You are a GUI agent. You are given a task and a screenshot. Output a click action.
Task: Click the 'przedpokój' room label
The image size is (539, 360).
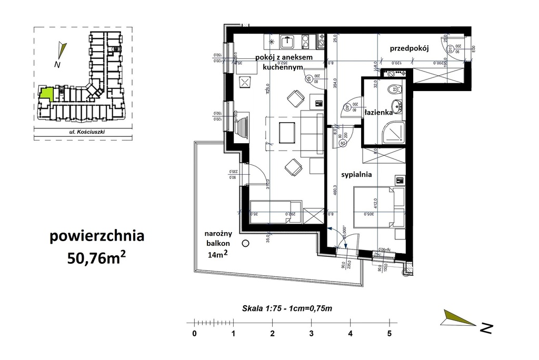click(x=410, y=48)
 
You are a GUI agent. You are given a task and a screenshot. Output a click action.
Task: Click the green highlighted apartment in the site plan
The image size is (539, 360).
click(x=46, y=94)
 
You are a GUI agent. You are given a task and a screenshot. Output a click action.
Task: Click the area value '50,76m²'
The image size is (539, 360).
click(x=96, y=257)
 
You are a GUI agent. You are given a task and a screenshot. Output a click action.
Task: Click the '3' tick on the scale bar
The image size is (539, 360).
click(x=311, y=333)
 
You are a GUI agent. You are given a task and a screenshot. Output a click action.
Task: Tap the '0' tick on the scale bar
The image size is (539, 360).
click(x=194, y=333)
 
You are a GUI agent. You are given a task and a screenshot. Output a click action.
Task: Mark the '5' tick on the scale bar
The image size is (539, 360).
click(x=389, y=333)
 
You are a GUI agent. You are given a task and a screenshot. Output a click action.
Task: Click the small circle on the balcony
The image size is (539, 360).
click(x=245, y=243)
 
